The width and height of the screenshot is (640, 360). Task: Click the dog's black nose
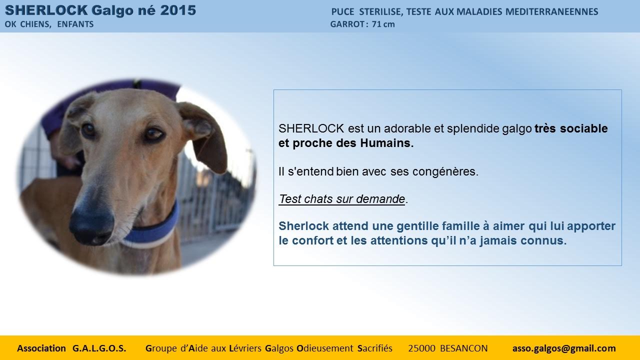coord(92,224)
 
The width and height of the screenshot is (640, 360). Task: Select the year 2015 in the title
coord(178,10)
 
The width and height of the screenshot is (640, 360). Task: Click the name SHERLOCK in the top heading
coord(46,10)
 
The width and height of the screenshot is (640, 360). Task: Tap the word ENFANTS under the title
coord(75,24)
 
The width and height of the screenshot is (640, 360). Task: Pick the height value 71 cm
coord(383,24)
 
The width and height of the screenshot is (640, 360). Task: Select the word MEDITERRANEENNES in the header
coord(551,11)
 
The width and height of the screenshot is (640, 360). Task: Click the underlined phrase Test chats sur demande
coord(342,199)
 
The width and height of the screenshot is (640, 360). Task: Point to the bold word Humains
coord(387,143)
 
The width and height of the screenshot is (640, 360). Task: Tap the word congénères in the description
coord(445,171)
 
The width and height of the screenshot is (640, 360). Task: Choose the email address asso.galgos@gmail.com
coord(564,348)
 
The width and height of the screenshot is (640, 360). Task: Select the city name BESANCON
coord(463,348)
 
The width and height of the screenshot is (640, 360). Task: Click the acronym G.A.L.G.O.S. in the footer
coord(99,348)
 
